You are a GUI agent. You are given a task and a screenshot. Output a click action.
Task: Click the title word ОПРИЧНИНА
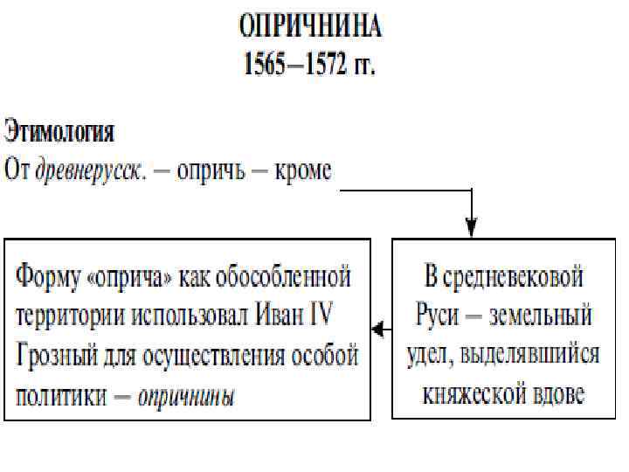(x=310, y=26)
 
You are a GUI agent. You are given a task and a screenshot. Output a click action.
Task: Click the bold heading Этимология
(x=59, y=135)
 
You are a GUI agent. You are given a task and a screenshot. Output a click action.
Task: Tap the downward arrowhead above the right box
(x=473, y=229)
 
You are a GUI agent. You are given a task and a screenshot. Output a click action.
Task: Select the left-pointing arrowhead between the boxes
(x=377, y=330)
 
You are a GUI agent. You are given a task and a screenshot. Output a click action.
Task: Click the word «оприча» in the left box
(x=135, y=278)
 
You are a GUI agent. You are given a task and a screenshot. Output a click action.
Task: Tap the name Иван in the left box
(x=285, y=316)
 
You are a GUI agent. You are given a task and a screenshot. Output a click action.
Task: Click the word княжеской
(x=473, y=396)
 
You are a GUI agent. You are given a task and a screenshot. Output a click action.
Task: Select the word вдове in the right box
(x=556, y=396)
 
